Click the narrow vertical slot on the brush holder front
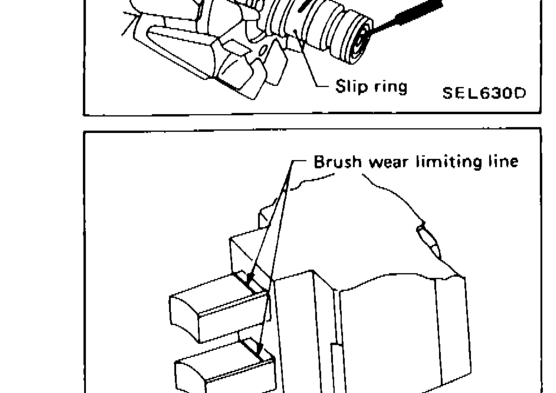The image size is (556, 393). pyautogui.click(x=336, y=362)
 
